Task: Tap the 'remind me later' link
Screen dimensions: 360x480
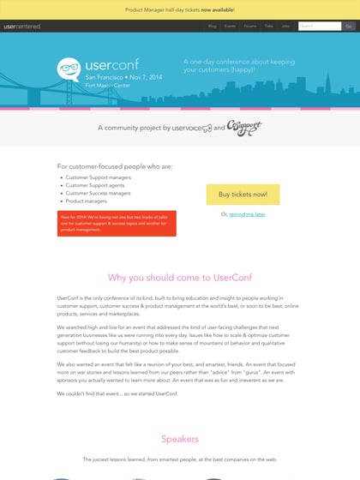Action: tap(248, 214)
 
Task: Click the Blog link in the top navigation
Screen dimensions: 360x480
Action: tap(212, 27)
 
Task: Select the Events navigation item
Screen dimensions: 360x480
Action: tap(230, 27)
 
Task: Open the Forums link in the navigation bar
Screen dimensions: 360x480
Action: tap(249, 27)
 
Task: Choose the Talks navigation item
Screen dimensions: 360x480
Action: tap(269, 27)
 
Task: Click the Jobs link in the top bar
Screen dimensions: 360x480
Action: tap(285, 27)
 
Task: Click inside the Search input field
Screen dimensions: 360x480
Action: tap(319, 27)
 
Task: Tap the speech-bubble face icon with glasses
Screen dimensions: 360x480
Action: tap(70, 69)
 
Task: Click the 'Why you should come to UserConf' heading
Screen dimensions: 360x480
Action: tap(180, 278)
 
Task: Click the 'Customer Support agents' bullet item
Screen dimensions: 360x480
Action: tap(94, 185)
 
